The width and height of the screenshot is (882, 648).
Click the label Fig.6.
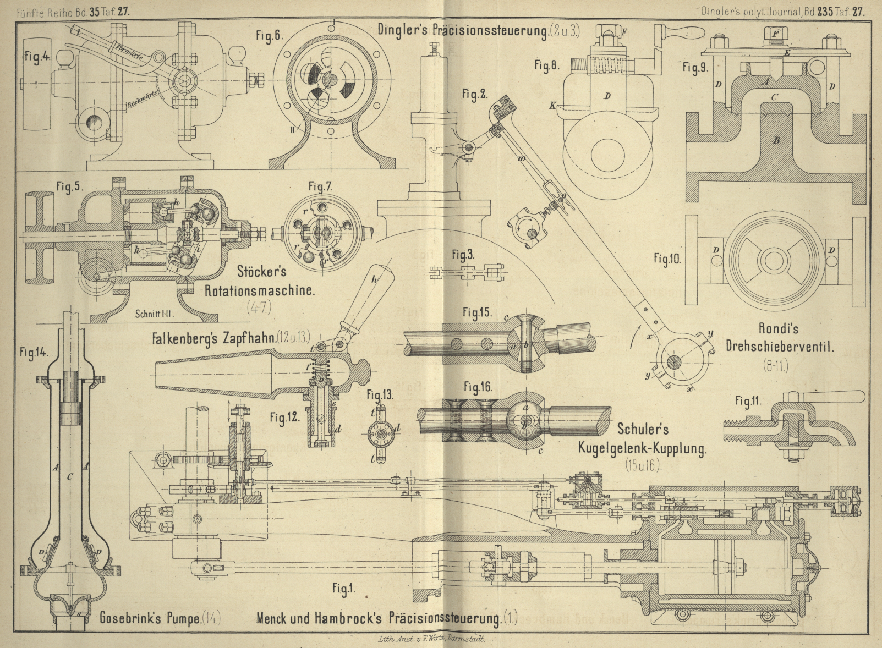[269, 36]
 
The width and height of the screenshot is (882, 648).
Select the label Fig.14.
[34, 352]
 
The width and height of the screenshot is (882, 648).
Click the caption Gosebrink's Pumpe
[150, 618]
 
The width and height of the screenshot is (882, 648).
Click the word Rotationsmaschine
[259, 290]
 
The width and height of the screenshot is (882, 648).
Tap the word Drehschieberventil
[780, 346]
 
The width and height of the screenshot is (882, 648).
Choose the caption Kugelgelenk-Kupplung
[642, 448]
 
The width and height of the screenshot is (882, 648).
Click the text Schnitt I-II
[154, 314]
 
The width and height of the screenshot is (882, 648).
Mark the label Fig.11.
[748, 401]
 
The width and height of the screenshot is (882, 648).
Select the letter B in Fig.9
[776, 140]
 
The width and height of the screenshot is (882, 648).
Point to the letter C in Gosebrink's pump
[70, 477]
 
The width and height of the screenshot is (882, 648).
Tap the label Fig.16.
[477, 387]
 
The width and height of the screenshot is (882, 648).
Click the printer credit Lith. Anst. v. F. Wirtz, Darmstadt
[432, 639]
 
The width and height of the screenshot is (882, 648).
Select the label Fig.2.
[474, 94]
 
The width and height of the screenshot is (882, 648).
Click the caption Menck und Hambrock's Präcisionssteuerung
[379, 618]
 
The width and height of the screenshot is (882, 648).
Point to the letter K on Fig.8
[552, 105]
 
